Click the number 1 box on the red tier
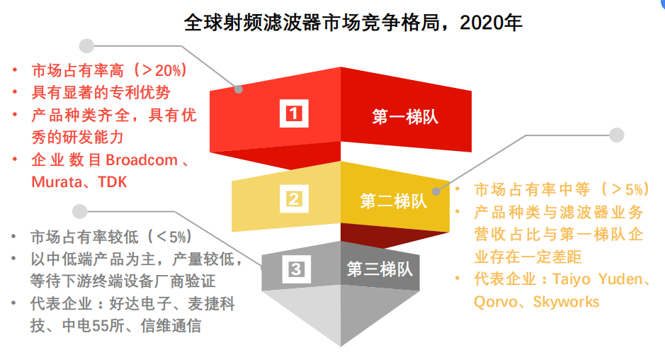point(294,113)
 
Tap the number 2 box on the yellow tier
point(294,198)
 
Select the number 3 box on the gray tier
point(296,269)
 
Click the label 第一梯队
point(405,117)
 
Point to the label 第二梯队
point(393,201)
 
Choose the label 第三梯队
point(380,269)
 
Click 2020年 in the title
point(491,23)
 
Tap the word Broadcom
point(142,160)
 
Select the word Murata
point(57,182)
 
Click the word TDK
point(113,182)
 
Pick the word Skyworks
point(566,302)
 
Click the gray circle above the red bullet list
point(86,46)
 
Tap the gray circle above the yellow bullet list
point(617,135)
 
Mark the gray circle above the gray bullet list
point(80,211)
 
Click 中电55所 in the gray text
point(93,325)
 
